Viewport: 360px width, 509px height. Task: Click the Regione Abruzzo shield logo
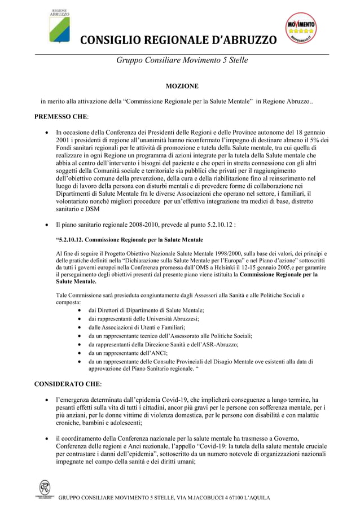[59, 28]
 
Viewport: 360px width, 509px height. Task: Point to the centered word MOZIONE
[181, 86]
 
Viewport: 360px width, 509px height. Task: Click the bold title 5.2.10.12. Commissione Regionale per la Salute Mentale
[130, 240]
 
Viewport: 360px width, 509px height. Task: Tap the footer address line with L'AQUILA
[164, 498]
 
